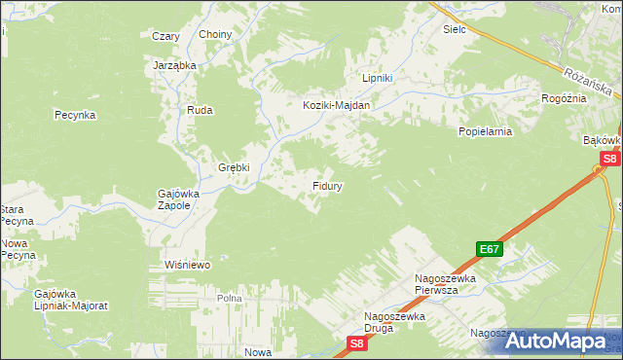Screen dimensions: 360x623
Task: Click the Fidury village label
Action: pos(325,184)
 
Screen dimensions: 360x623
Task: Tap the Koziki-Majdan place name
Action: pos(336,105)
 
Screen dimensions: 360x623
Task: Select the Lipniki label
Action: pos(377,78)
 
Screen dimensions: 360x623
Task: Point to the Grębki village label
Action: pos(234,166)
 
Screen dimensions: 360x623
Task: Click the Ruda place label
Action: pos(200,111)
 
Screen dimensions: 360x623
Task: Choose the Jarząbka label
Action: pos(175,65)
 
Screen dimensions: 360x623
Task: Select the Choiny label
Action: pos(215,35)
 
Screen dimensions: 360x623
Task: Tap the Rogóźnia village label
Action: pos(564,98)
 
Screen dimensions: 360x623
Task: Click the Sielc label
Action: pos(455,29)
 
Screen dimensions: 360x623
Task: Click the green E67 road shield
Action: pos(490,249)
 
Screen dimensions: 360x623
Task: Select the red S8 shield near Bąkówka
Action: pos(608,159)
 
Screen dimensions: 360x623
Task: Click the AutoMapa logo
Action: pos(560,341)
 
